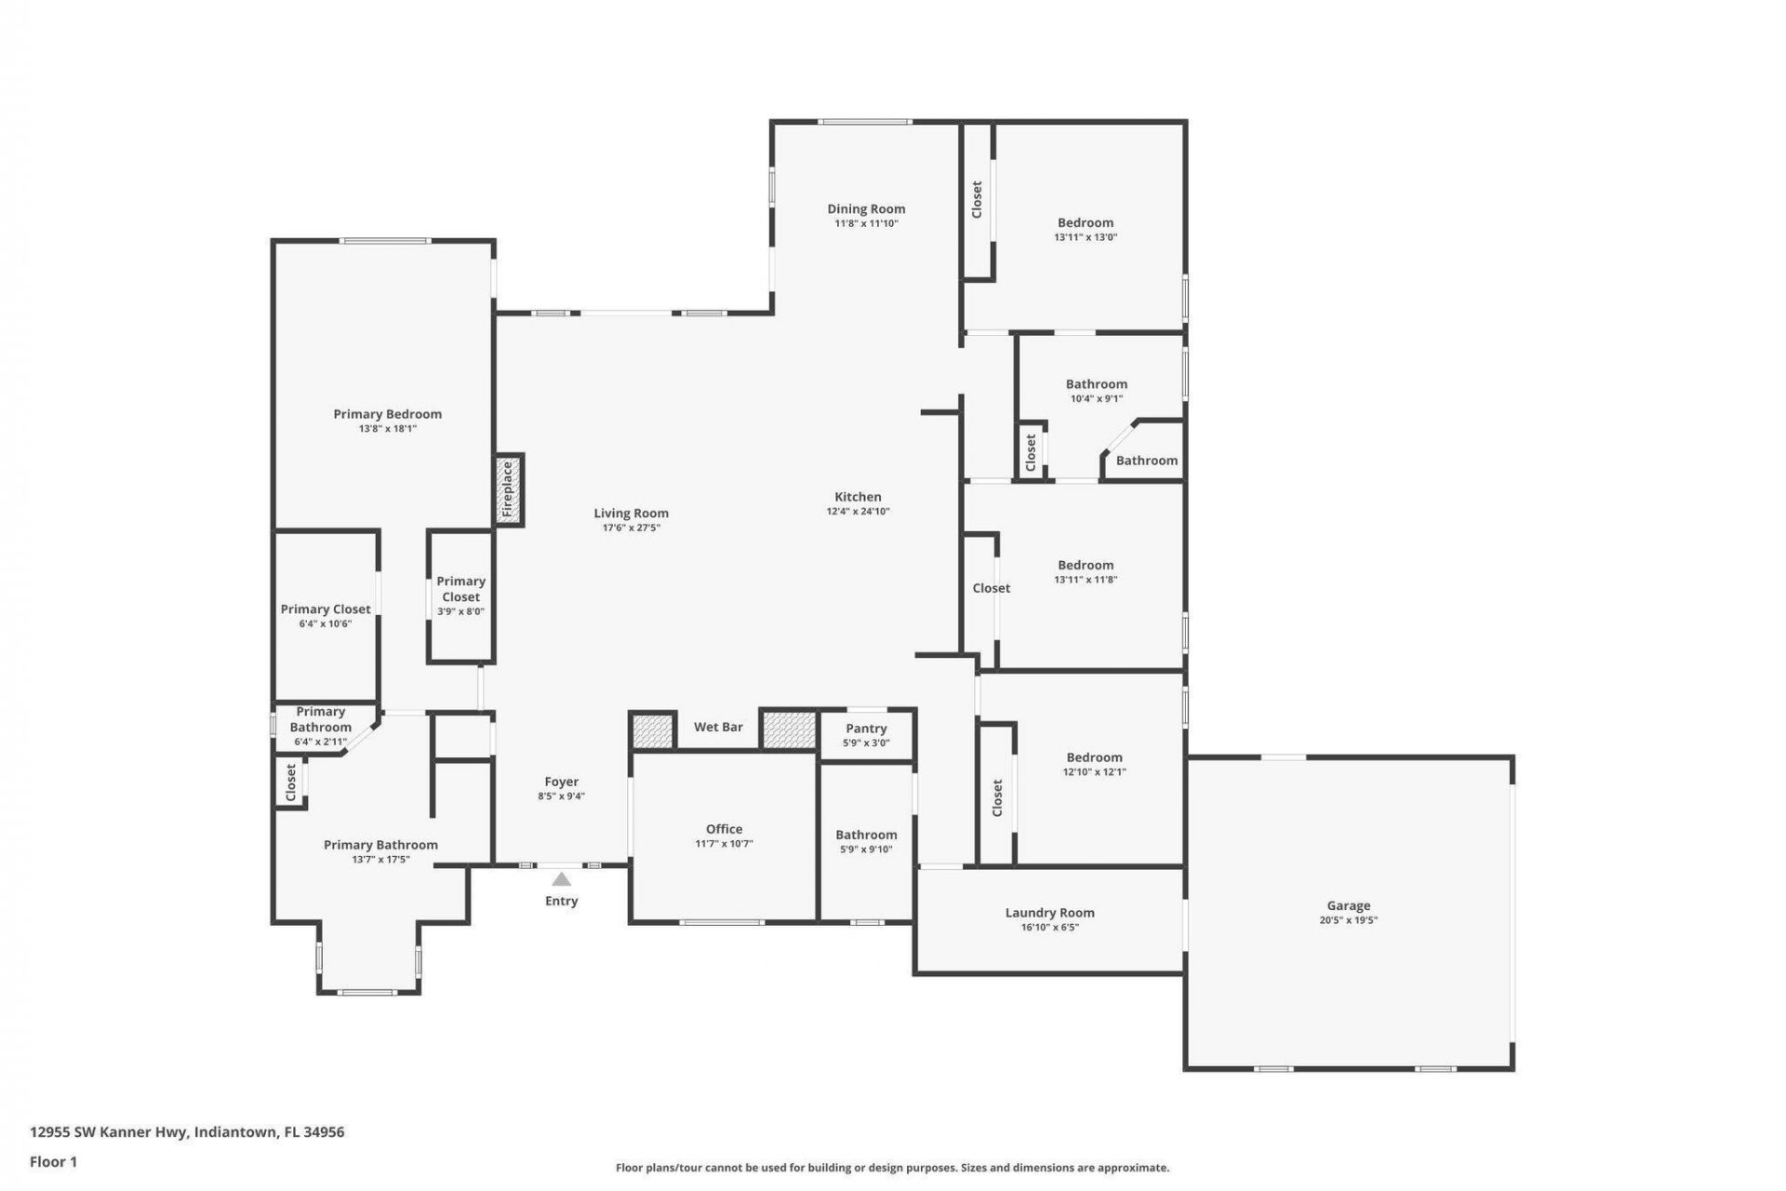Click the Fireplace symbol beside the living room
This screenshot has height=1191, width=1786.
coord(508,489)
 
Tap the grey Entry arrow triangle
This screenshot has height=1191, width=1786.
coord(561,879)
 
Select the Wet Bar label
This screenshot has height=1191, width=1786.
coord(718,727)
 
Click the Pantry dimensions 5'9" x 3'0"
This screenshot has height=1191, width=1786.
coord(866,743)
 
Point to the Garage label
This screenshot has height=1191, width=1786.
coord(1348,905)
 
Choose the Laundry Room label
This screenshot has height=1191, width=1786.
coord(1049,913)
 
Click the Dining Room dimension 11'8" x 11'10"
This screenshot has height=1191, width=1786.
coord(866,223)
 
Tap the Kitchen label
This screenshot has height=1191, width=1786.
coord(858,497)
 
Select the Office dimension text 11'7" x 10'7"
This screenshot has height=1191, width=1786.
coord(724,844)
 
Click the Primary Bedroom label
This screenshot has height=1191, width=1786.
coord(387,414)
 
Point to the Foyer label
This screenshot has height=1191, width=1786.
coord(561,782)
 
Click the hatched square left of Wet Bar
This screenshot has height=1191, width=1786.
coord(652,729)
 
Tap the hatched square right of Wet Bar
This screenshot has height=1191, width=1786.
coord(789,729)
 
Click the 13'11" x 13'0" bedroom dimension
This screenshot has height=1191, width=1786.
coord(1086,237)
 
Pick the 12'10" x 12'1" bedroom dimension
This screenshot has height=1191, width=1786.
coord(1094,771)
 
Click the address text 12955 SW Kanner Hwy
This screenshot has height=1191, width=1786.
coord(187,1132)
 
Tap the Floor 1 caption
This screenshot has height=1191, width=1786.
coord(53,1161)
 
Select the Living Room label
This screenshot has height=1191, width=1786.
coord(631,513)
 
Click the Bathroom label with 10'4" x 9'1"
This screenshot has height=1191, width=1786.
coord(1096,383)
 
